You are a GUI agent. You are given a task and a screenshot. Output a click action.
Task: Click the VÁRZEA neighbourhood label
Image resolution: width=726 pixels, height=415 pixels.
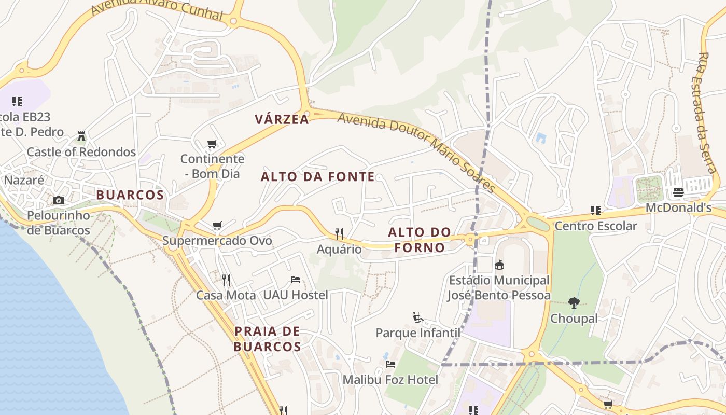click(282, 119)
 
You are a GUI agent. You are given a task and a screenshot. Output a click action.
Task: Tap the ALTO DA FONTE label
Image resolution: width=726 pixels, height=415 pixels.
click(317, 177)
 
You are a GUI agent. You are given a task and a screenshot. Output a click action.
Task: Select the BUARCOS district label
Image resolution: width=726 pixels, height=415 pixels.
click(130, 195)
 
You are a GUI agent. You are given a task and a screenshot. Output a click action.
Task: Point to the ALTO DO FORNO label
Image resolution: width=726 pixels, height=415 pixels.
click(420, 240)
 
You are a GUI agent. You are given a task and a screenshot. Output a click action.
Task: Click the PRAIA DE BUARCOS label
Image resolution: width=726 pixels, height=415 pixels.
click(267, 339)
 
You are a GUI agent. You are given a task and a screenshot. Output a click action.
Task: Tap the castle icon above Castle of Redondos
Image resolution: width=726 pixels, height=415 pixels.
click(81, 136)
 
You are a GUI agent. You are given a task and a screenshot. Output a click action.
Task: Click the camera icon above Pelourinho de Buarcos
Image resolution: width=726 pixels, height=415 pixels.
click(59, 200)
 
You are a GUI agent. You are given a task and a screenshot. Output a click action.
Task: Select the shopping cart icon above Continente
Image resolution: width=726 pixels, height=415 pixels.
click(212, 144)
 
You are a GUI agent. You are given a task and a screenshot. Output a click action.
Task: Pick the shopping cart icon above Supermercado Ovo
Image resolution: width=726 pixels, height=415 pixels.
click(217, 226)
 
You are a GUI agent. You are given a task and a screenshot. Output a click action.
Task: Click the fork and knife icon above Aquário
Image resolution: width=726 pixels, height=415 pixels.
click(339, 234)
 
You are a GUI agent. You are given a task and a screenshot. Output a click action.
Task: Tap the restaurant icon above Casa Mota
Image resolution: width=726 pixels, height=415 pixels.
click(226, 280)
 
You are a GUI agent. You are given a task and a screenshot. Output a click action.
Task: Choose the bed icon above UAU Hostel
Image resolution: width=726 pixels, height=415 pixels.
click(296, 280)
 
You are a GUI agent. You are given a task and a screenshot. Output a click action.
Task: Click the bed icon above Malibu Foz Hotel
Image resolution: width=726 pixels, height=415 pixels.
click(390, 364)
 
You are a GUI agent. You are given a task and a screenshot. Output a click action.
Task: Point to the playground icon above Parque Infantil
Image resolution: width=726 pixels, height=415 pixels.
click(418, 317)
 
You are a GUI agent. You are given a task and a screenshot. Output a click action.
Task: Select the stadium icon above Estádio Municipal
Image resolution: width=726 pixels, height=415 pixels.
click(499, 265)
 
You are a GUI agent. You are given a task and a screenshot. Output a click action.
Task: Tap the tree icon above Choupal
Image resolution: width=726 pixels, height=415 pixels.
click(574, 302)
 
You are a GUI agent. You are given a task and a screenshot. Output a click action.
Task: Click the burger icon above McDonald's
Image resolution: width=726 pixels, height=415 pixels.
click(678, 192)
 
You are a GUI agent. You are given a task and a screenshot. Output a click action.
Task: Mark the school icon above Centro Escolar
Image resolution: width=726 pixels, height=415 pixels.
click(596, 211)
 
